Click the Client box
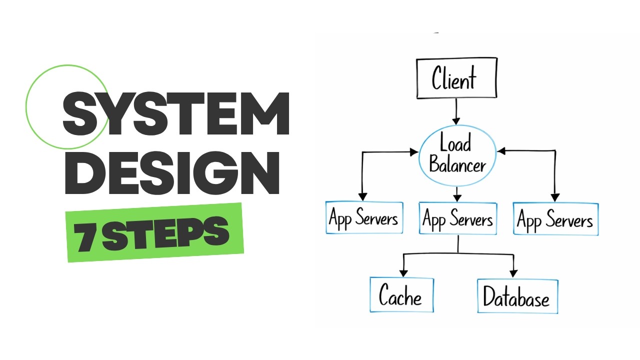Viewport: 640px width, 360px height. point(456,78)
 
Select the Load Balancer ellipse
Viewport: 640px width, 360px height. point(457,155)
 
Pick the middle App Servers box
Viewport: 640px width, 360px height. point(457,218)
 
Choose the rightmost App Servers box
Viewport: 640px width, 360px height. point(555,219)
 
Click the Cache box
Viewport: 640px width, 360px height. point(401,295)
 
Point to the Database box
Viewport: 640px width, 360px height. point(517,296)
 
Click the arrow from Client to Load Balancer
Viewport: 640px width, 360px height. point(456,111)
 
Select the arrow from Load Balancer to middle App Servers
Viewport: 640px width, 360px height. point(457,193)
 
